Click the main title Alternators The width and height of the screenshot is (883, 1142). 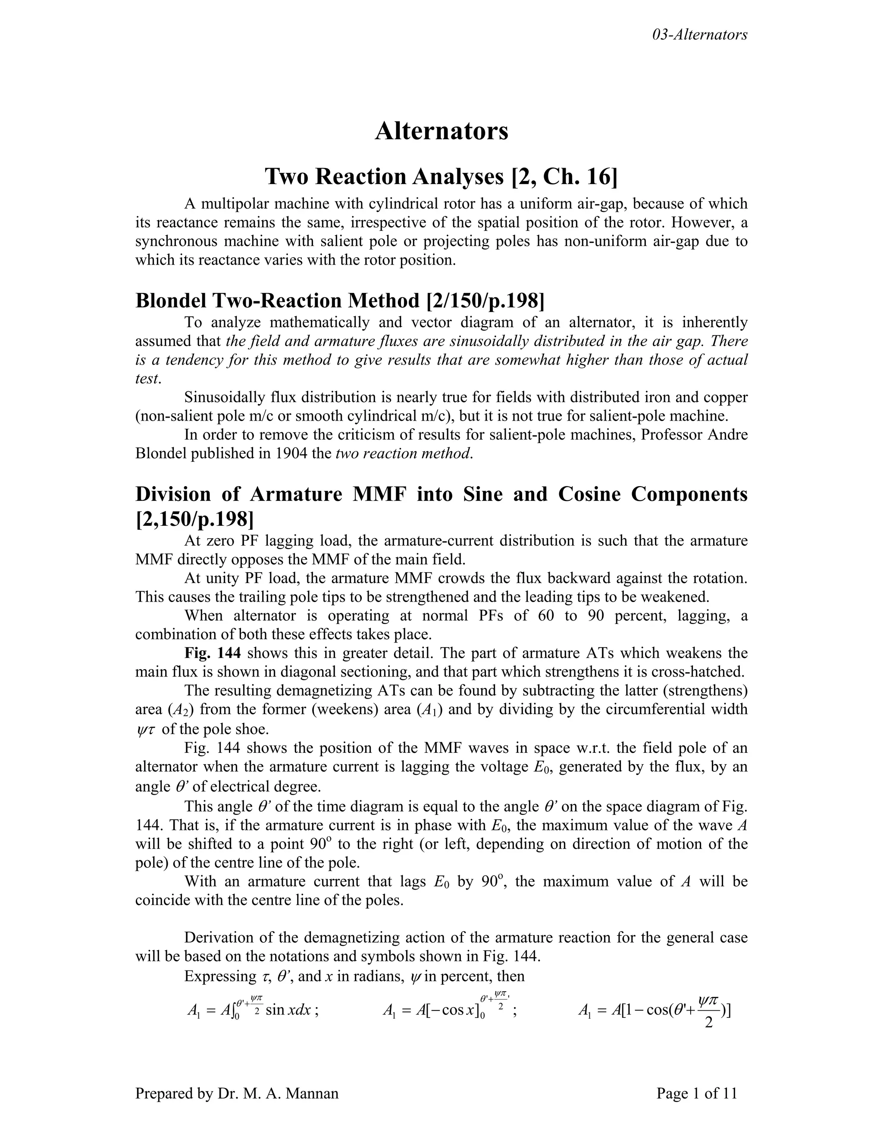(441, 131)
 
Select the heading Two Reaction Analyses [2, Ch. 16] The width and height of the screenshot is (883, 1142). (441, 177)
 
